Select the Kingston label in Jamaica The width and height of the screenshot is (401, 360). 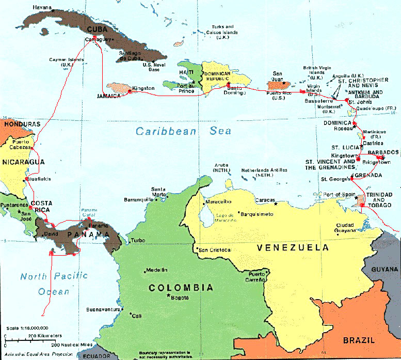click(x=143, y=88)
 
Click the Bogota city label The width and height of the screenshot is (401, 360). click(x=179, y=298)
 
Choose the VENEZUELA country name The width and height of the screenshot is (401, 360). click(x=293, y=248)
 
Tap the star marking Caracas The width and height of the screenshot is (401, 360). click(x=277, y=204)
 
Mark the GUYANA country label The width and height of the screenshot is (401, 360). click(x=386, y=270)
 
